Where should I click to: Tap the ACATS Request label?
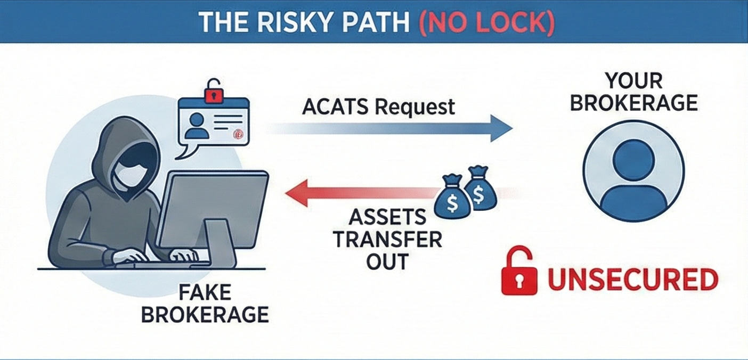[379, 107]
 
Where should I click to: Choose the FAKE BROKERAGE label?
[205, 304]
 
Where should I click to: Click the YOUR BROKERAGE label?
[633, 92]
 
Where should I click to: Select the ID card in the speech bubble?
[213, 122]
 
